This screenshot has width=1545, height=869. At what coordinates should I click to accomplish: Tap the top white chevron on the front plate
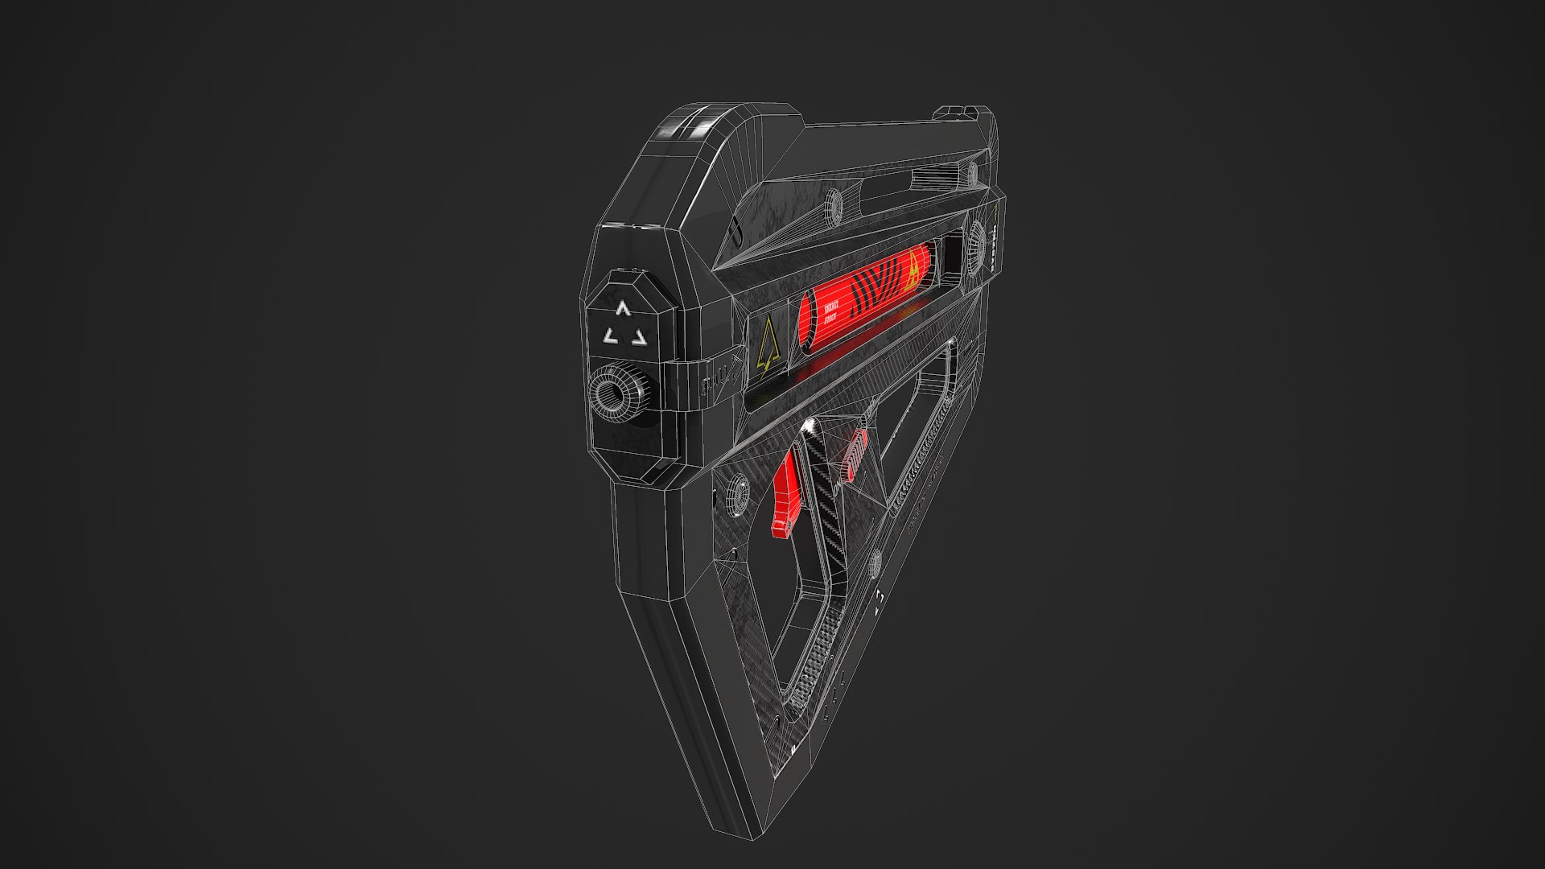coord(621,308)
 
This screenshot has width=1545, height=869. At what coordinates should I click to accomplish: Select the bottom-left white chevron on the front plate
coord(610,336)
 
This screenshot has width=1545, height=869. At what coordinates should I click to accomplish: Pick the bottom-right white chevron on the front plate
coord(638,337)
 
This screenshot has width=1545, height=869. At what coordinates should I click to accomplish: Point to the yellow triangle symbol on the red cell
coord(913,270)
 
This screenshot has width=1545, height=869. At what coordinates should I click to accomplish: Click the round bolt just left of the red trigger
coord(735,492)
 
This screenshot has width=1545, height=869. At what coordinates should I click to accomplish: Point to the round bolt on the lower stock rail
coord(875,560)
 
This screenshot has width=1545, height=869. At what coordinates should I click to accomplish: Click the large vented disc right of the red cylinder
coord(976,239)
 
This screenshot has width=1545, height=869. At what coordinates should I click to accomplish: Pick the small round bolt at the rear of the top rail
coord(971,171)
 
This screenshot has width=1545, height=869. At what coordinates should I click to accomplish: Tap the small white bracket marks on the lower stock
coord(880,596)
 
